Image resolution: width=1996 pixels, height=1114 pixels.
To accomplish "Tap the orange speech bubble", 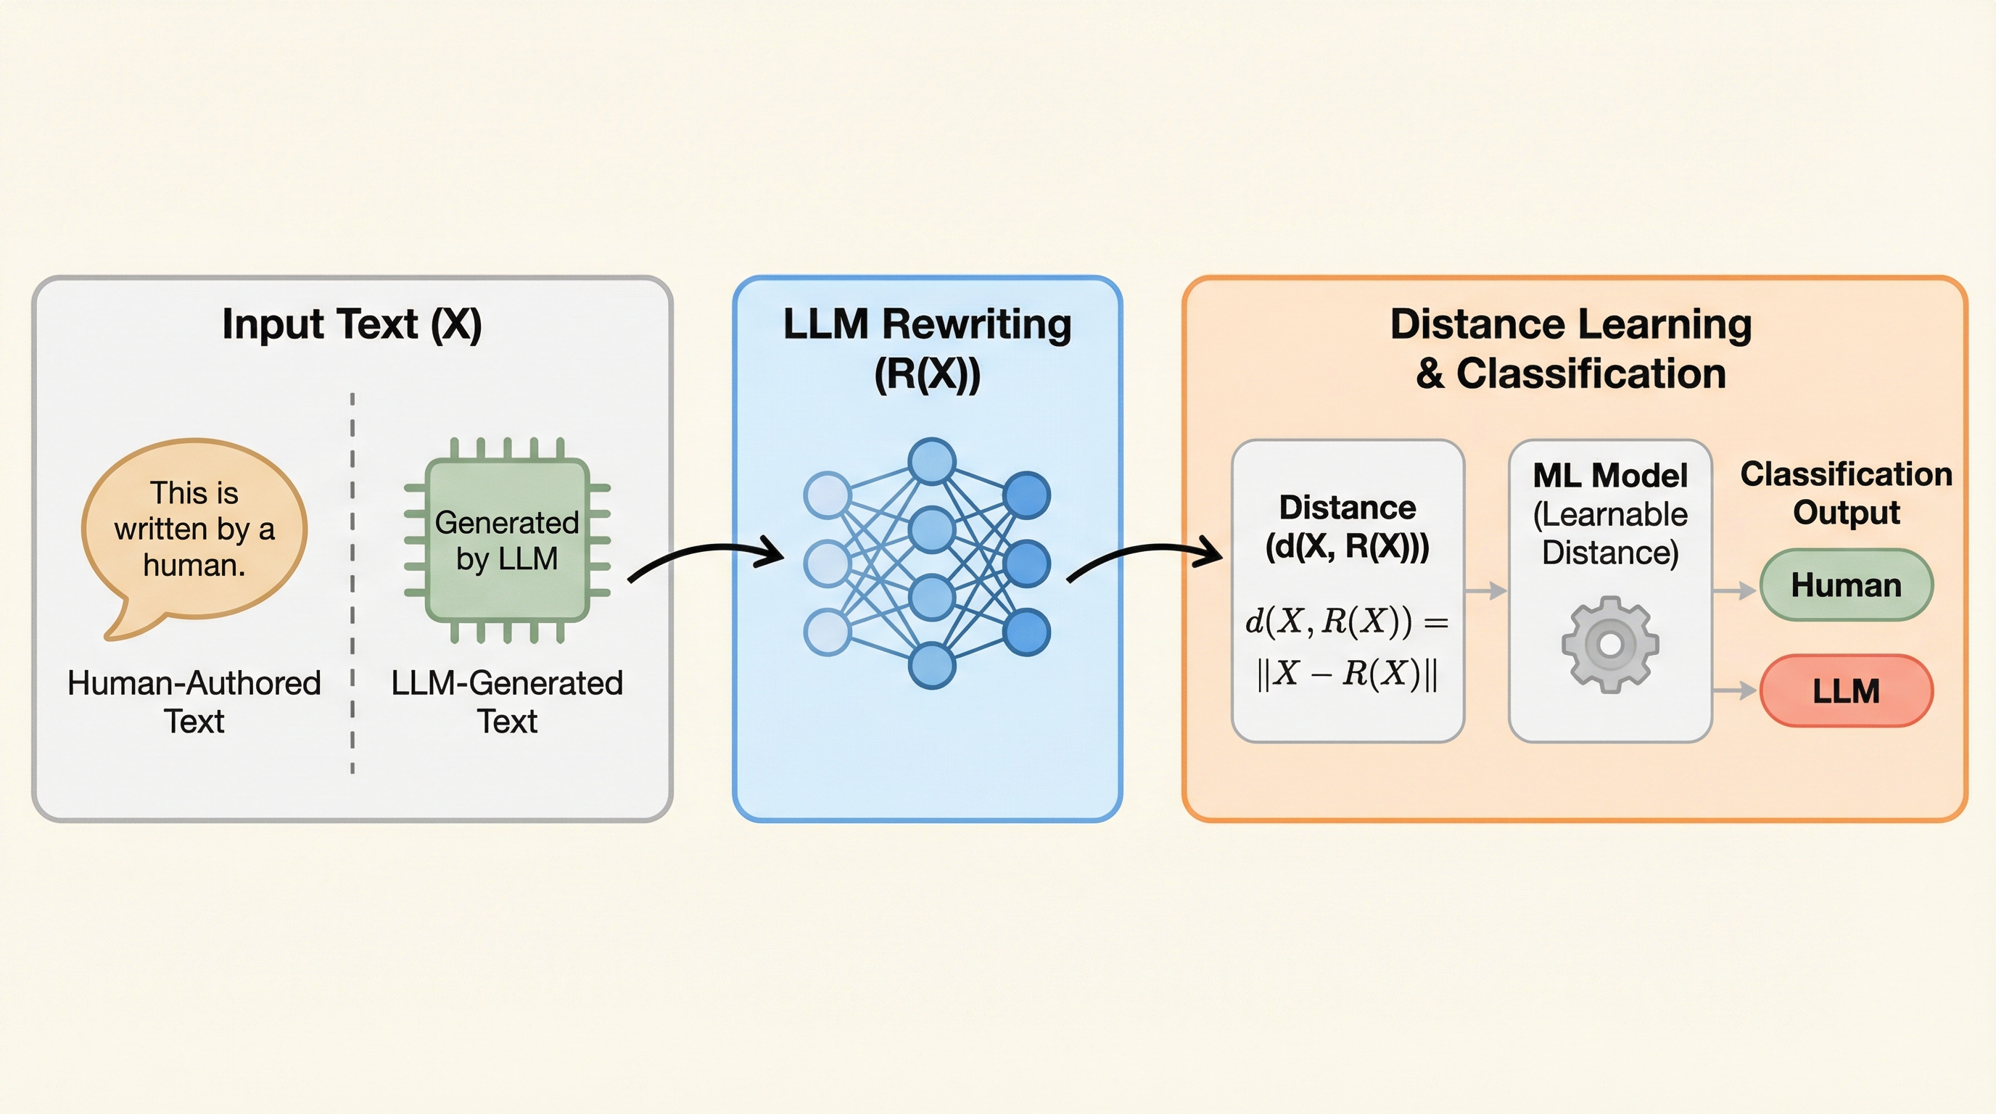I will coord(194,530).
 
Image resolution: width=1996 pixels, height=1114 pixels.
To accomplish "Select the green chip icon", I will coord(508,540).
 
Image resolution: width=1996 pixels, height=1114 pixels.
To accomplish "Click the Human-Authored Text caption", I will coord(194,702).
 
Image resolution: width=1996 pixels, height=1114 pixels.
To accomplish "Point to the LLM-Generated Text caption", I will coord(507,702).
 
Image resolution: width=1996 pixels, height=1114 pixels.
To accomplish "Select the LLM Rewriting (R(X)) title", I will coord(927,348).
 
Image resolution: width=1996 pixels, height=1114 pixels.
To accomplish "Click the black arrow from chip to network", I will coord(705,558).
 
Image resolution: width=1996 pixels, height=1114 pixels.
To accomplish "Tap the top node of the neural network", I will coord(931,461).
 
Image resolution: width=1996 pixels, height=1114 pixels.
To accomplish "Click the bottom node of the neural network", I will coord(931,666).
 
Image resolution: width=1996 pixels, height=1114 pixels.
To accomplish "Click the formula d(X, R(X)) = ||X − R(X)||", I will coord(1347,647).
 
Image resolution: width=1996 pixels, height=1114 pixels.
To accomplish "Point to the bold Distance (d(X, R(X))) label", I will coord(1347,527).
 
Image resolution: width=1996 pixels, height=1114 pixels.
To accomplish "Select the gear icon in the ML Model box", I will coord(1610,644).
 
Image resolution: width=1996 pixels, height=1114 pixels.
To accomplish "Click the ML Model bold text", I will coord(1610,476).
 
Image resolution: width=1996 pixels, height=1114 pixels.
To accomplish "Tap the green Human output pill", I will coord(1846,585).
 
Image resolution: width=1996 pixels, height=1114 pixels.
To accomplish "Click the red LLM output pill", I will coord(1846,690).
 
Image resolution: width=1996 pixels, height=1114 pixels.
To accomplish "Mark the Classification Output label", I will coord(1846,492).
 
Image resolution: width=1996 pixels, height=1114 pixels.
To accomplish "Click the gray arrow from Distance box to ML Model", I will coord(1486,591).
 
